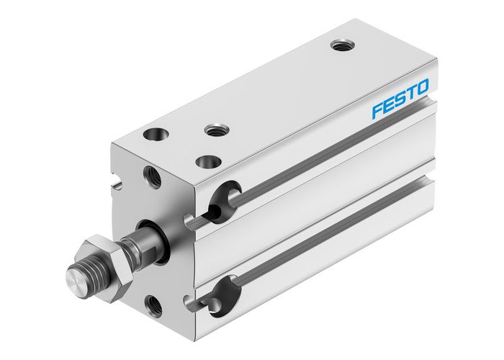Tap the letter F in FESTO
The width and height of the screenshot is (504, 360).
click(x=377, y=111)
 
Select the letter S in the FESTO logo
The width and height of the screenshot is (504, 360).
click(x=400, y=99)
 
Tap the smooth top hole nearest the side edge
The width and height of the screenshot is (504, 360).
click(x=208, y=161)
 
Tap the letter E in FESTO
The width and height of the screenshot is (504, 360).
click(x=389, y=105)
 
